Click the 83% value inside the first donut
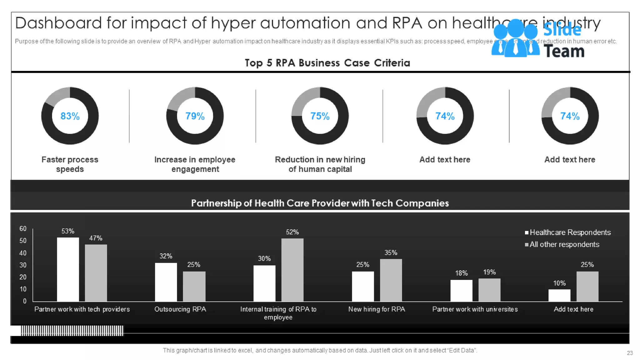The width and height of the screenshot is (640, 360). (x=70, y=116)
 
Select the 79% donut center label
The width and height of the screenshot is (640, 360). (x=195, y=116)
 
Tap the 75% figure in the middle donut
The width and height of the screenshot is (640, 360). (x=320, y=116)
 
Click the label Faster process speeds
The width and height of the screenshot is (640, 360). (x=70, y=164)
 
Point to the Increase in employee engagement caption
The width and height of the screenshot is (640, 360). (x=195, y=164)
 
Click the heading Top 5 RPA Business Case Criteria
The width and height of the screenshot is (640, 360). (x=327, y=63)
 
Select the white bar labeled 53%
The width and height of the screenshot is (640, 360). (x=68, y=269)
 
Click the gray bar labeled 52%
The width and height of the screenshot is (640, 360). (x=292, y=270)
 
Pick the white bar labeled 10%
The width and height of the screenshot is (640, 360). (x=559, y=295)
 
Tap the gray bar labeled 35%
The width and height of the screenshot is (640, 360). (x=391, y=280)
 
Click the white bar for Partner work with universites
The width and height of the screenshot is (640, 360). (x=461, y=291)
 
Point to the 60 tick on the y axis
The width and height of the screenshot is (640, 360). (x=23, y=229)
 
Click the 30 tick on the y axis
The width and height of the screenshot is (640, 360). (x=23, y=265)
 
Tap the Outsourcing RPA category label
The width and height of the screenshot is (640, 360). (x=180, y=309)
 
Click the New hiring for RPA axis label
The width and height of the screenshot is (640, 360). (x=377, y=309)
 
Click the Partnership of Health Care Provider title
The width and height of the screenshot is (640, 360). (x=320, y=203)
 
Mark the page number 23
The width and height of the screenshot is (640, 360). (x=630, y=353)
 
